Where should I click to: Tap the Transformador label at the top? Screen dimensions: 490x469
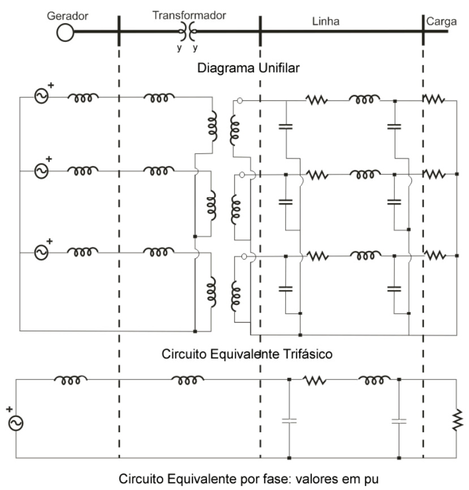coord(189,15)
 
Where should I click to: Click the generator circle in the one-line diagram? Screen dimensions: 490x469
coord(65,32)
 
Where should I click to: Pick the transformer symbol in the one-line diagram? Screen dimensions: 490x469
coord(188,32)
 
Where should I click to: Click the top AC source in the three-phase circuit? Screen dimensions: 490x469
coord(41,97)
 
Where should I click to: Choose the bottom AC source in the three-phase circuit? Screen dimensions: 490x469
coord(41,252)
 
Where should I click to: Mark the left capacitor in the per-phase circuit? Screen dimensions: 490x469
coord(289,421)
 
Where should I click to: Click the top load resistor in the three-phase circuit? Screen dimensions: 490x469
coord(434,100)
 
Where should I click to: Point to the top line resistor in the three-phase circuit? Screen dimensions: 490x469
coord(317,100)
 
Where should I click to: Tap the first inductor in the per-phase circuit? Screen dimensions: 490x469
coord(71,380)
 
